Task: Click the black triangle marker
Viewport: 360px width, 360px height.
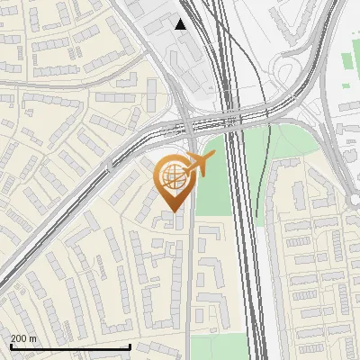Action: pos(181,24)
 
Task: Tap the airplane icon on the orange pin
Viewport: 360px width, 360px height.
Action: pos(201,165)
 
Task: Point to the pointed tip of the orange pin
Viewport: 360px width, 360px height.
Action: pos(173,211)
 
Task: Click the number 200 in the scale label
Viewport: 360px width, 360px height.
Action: pos(19,338)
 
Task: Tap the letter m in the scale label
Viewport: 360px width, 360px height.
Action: pos(33,338)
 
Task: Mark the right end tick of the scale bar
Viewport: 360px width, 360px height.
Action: pos(130,346)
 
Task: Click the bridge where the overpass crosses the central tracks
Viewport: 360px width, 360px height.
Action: pos(236,117)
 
